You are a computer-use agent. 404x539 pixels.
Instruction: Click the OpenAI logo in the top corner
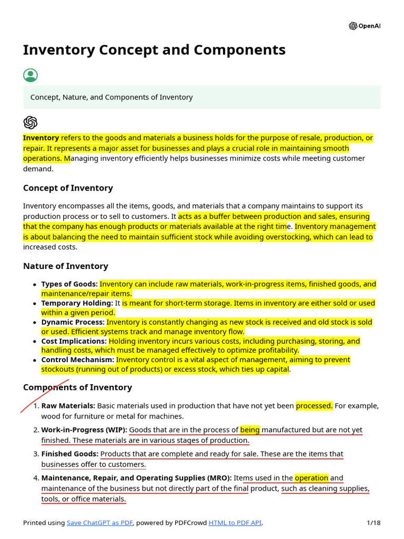click(364, 26)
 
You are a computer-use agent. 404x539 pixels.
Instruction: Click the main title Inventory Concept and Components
click(154, 50)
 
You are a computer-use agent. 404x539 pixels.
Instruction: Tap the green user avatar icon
click(31, 75)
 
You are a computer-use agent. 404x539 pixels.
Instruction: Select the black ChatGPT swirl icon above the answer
click(31, 123)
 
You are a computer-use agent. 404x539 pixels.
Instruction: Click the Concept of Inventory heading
click(68, 188)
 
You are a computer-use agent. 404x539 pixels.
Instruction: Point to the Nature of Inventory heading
click(65, 266)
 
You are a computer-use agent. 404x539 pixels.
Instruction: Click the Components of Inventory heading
click(77, 387)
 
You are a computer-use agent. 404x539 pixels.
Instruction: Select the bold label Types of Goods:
click(69, 284)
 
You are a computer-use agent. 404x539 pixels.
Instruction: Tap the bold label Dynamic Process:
click(73, 322)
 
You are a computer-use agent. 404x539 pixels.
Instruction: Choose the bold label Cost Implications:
click(74, 341)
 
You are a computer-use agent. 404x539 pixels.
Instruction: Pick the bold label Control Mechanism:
click(77, 360)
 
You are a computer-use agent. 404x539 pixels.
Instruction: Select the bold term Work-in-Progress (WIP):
click(84, 430)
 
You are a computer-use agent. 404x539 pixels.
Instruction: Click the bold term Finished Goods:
click(69, 454)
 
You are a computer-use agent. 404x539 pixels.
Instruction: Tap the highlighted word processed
click(314, 406)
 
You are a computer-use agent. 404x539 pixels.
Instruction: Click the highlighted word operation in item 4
click(311, 478)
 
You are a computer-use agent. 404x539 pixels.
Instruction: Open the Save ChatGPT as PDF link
click(99, 523)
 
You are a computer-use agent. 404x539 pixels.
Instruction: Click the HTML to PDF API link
click(235, 523)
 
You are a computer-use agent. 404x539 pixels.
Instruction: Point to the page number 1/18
click(373, 523)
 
